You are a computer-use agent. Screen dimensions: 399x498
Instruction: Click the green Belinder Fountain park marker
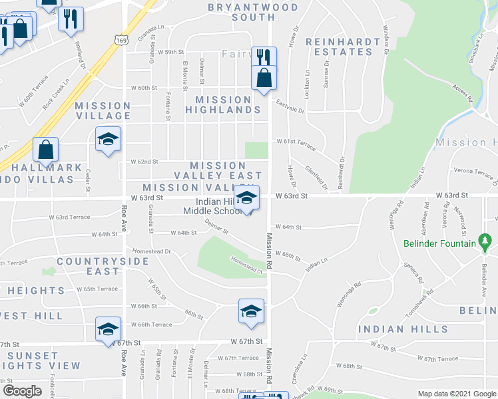[x=485, y=240]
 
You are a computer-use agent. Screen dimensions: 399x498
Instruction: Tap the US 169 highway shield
[x=121, y=41]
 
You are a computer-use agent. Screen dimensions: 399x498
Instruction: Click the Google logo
[x=21, y=390]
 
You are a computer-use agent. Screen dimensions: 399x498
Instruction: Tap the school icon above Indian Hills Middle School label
[x=246, y=197]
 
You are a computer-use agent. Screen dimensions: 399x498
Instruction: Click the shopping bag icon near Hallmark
[x=45, y=150]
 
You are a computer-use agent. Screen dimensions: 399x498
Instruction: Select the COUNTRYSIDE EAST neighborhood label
[x=102, y=266]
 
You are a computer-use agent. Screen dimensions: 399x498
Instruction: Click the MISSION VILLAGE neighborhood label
[x=103, y=110]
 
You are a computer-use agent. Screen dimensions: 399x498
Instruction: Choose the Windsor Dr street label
[x=385, y=40]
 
